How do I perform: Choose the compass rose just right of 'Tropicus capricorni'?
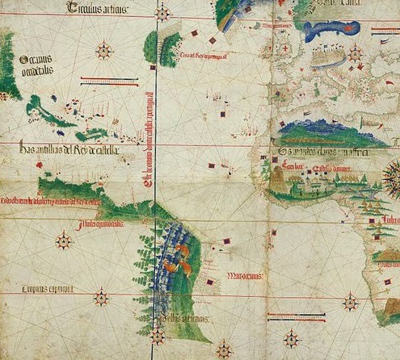[x=101, y=297]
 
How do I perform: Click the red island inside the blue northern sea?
[x=332, y=27]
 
